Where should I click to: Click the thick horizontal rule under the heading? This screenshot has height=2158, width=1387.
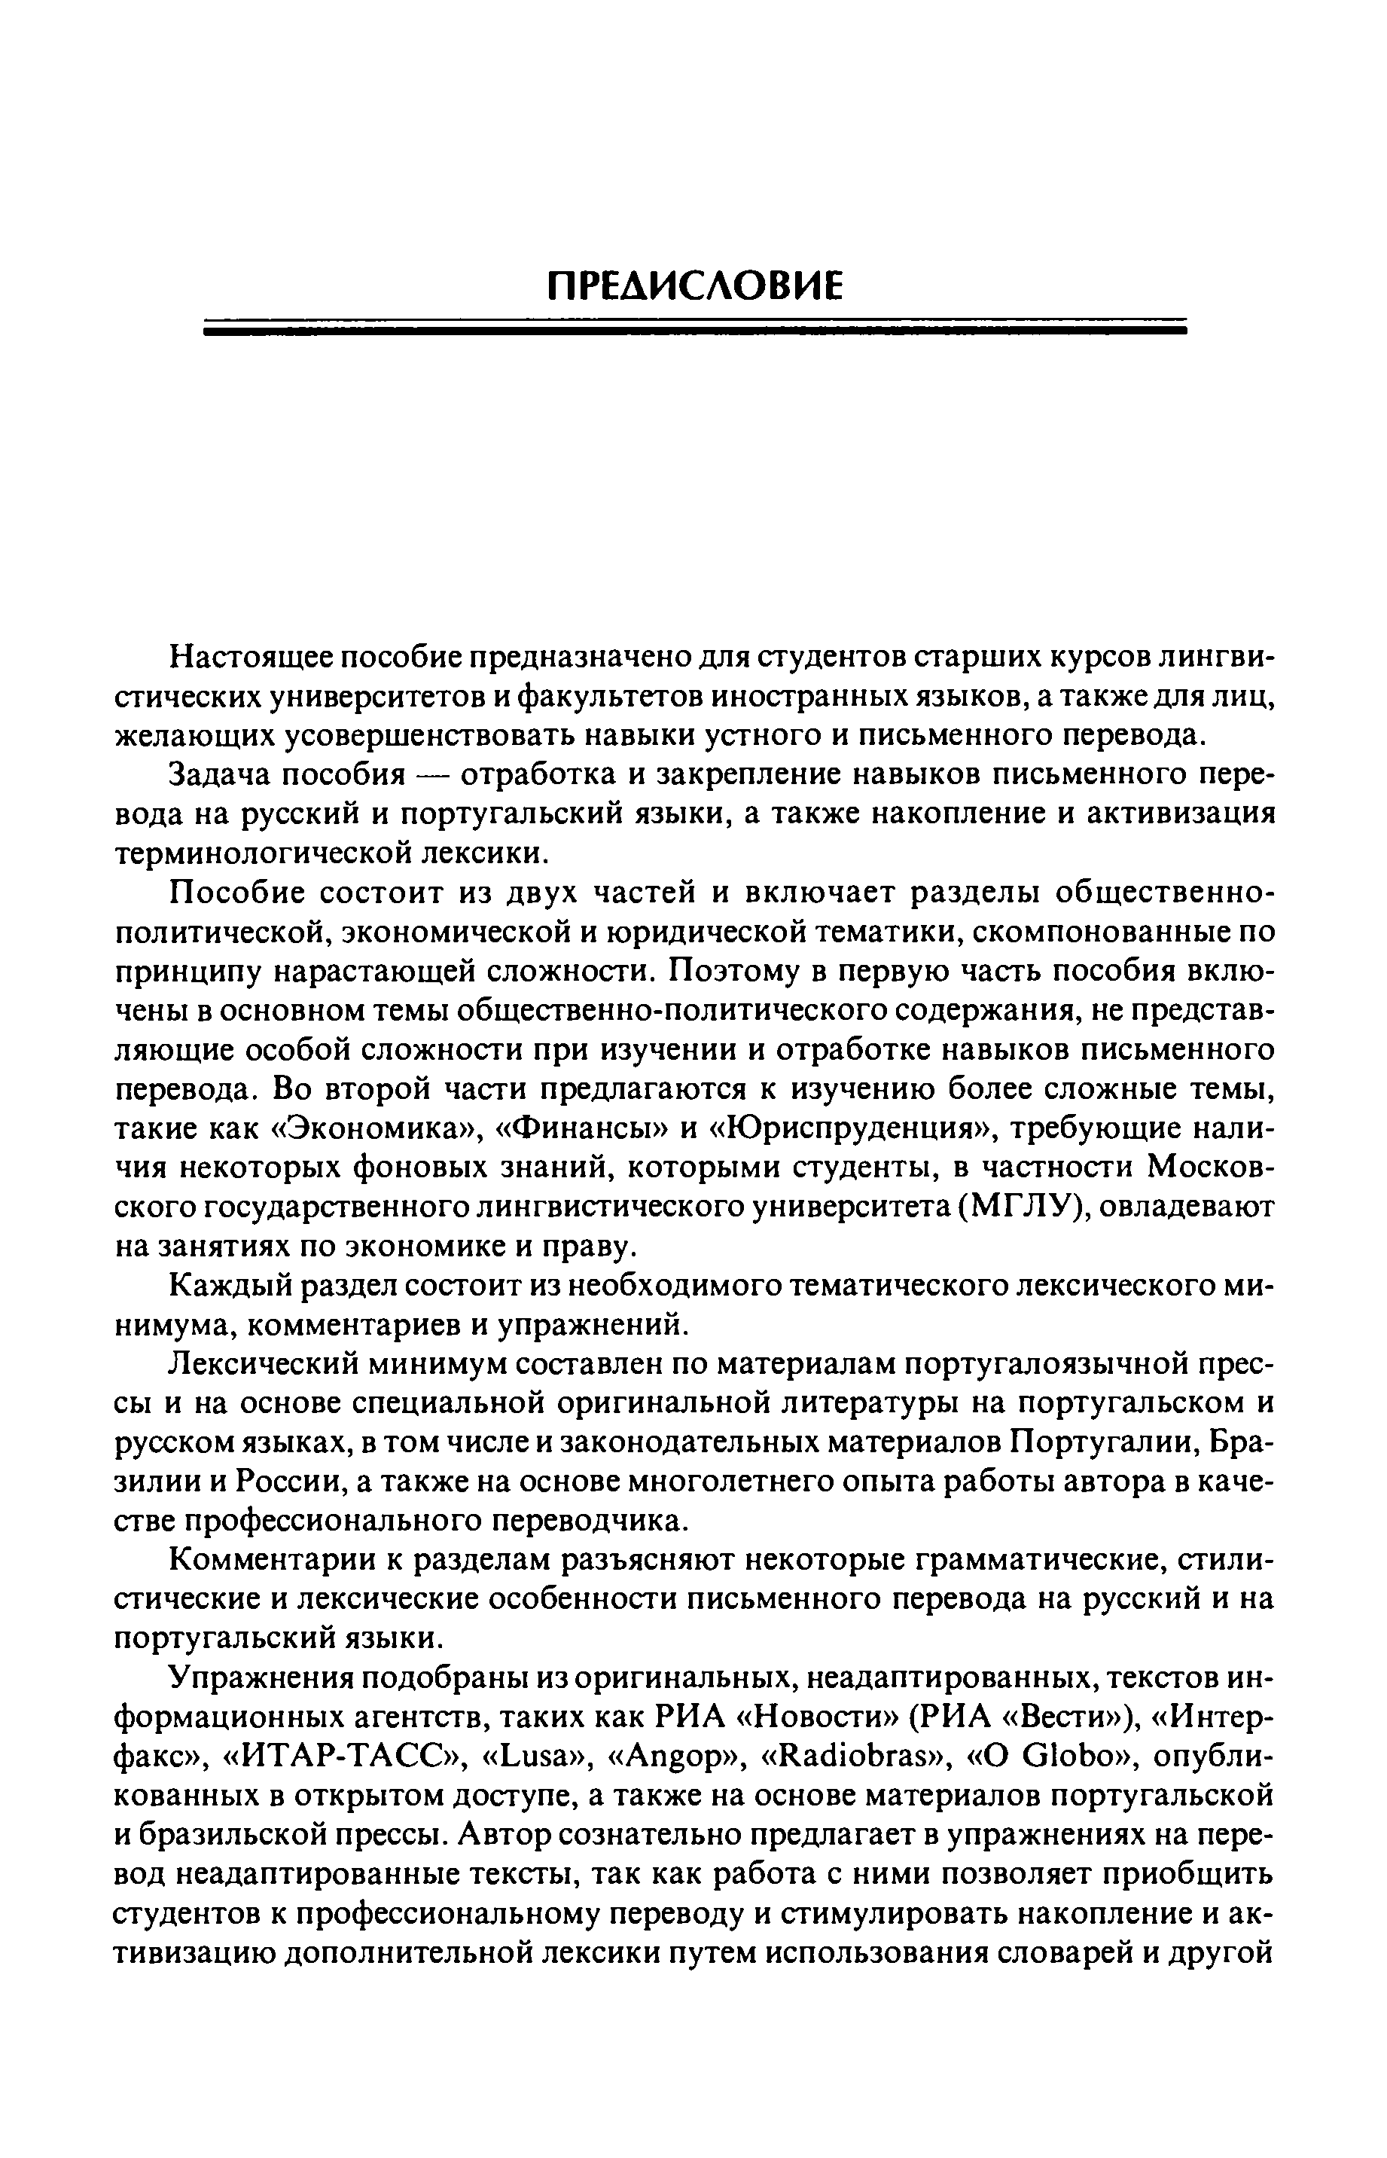695,331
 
